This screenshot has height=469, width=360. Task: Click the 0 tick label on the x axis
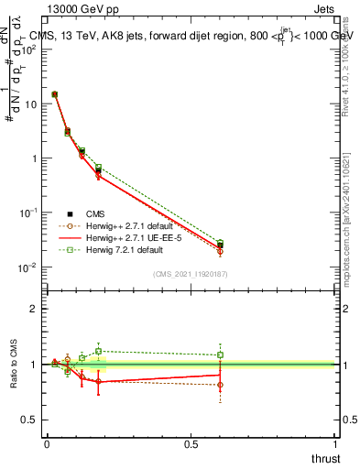[47, 442]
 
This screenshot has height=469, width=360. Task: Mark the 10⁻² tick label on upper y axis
[28, 267]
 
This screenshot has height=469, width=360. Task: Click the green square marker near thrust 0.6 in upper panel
[220, 244]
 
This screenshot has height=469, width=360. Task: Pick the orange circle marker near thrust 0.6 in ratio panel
[220, 385]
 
